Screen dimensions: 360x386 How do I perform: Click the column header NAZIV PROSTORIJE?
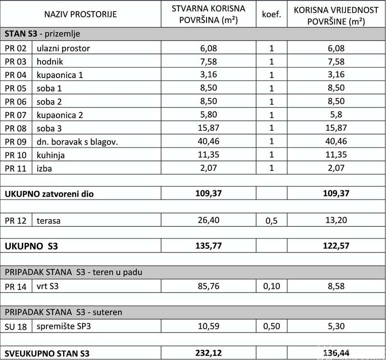(81, 14)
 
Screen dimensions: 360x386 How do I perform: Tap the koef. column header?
(272, 14)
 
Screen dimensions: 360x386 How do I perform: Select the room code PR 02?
(16, 48)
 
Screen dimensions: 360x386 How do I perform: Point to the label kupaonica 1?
(59, 75)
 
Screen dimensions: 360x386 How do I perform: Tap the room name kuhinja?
(51, 155)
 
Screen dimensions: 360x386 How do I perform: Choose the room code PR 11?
(16, 169)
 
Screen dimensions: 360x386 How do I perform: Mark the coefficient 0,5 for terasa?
(272, 221)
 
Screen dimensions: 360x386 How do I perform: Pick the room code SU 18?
(16, 326)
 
